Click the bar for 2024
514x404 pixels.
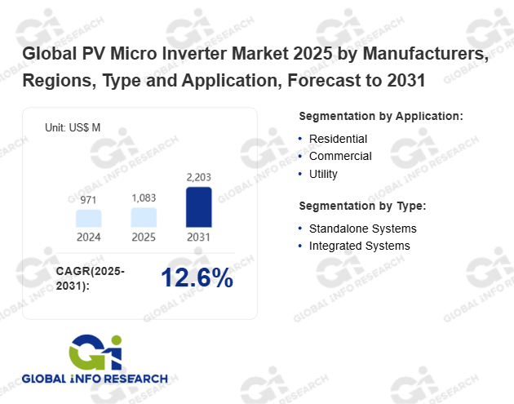point(89,218)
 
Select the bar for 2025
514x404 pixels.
point(144,217)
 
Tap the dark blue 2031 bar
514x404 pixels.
point(198,207)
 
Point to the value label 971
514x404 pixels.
point(89,200)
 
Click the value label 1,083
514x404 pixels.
point(144,198)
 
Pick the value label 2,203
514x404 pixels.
point(198,177)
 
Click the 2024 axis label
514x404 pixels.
point(89,238)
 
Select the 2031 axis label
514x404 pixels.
point(198,238)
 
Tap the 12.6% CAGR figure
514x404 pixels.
point(197,277)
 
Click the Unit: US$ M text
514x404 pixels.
point(73,128)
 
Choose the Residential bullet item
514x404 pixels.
point(338,139)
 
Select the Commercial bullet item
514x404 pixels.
point(340,156)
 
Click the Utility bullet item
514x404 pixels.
point(323,174)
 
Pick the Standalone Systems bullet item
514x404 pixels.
point(362,229)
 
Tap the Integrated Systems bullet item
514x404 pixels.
point(359,246)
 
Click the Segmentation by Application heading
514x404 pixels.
point(381,116)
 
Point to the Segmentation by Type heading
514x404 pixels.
point(362,206)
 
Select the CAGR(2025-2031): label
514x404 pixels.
point(91,277)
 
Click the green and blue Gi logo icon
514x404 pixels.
point(95,353)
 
